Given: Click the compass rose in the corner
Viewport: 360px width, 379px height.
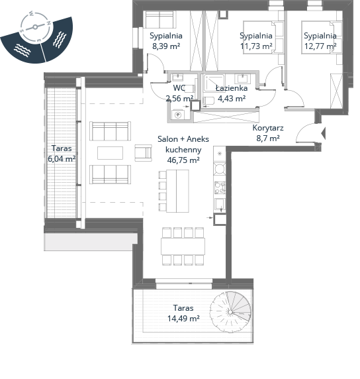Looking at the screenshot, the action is tap(36, 27).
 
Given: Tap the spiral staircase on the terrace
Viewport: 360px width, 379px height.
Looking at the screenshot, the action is tap(230, 312).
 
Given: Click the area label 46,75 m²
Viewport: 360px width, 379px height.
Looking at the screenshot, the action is tap(183, 160).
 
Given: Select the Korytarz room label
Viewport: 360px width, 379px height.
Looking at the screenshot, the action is tap(268, 128).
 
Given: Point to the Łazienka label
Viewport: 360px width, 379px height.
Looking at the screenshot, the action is tap(232, 88).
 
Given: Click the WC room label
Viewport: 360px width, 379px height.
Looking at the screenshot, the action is tap(179, 88).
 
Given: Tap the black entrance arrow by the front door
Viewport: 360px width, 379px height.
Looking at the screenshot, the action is tap(323, 133).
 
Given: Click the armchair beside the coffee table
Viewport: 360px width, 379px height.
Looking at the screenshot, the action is tap(143, 153).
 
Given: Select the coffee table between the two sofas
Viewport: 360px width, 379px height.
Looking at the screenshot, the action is tap(110, 153).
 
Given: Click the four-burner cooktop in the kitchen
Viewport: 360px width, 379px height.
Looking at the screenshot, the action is tap(220, 188).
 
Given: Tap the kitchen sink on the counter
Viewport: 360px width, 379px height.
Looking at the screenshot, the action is tap(220, 205).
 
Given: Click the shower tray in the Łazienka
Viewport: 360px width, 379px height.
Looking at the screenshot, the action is tap(214, 83).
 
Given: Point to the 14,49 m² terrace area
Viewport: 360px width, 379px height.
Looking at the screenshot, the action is tap(183, 319).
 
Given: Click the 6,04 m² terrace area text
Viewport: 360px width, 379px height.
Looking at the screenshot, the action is tap(62, 159).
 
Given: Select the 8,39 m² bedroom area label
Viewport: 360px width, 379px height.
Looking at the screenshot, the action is tap(166, 46).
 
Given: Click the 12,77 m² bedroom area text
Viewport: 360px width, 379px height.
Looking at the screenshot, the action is tap(320, 46).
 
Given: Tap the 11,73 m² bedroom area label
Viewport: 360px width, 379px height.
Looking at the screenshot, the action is tap(256, 46).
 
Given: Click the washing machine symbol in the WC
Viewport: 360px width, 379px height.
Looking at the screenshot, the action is tap(178, 115).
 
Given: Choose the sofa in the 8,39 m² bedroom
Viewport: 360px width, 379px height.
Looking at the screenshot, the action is tap(159, 20).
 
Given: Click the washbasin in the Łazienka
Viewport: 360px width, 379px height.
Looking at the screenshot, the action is tap(242, 79).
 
